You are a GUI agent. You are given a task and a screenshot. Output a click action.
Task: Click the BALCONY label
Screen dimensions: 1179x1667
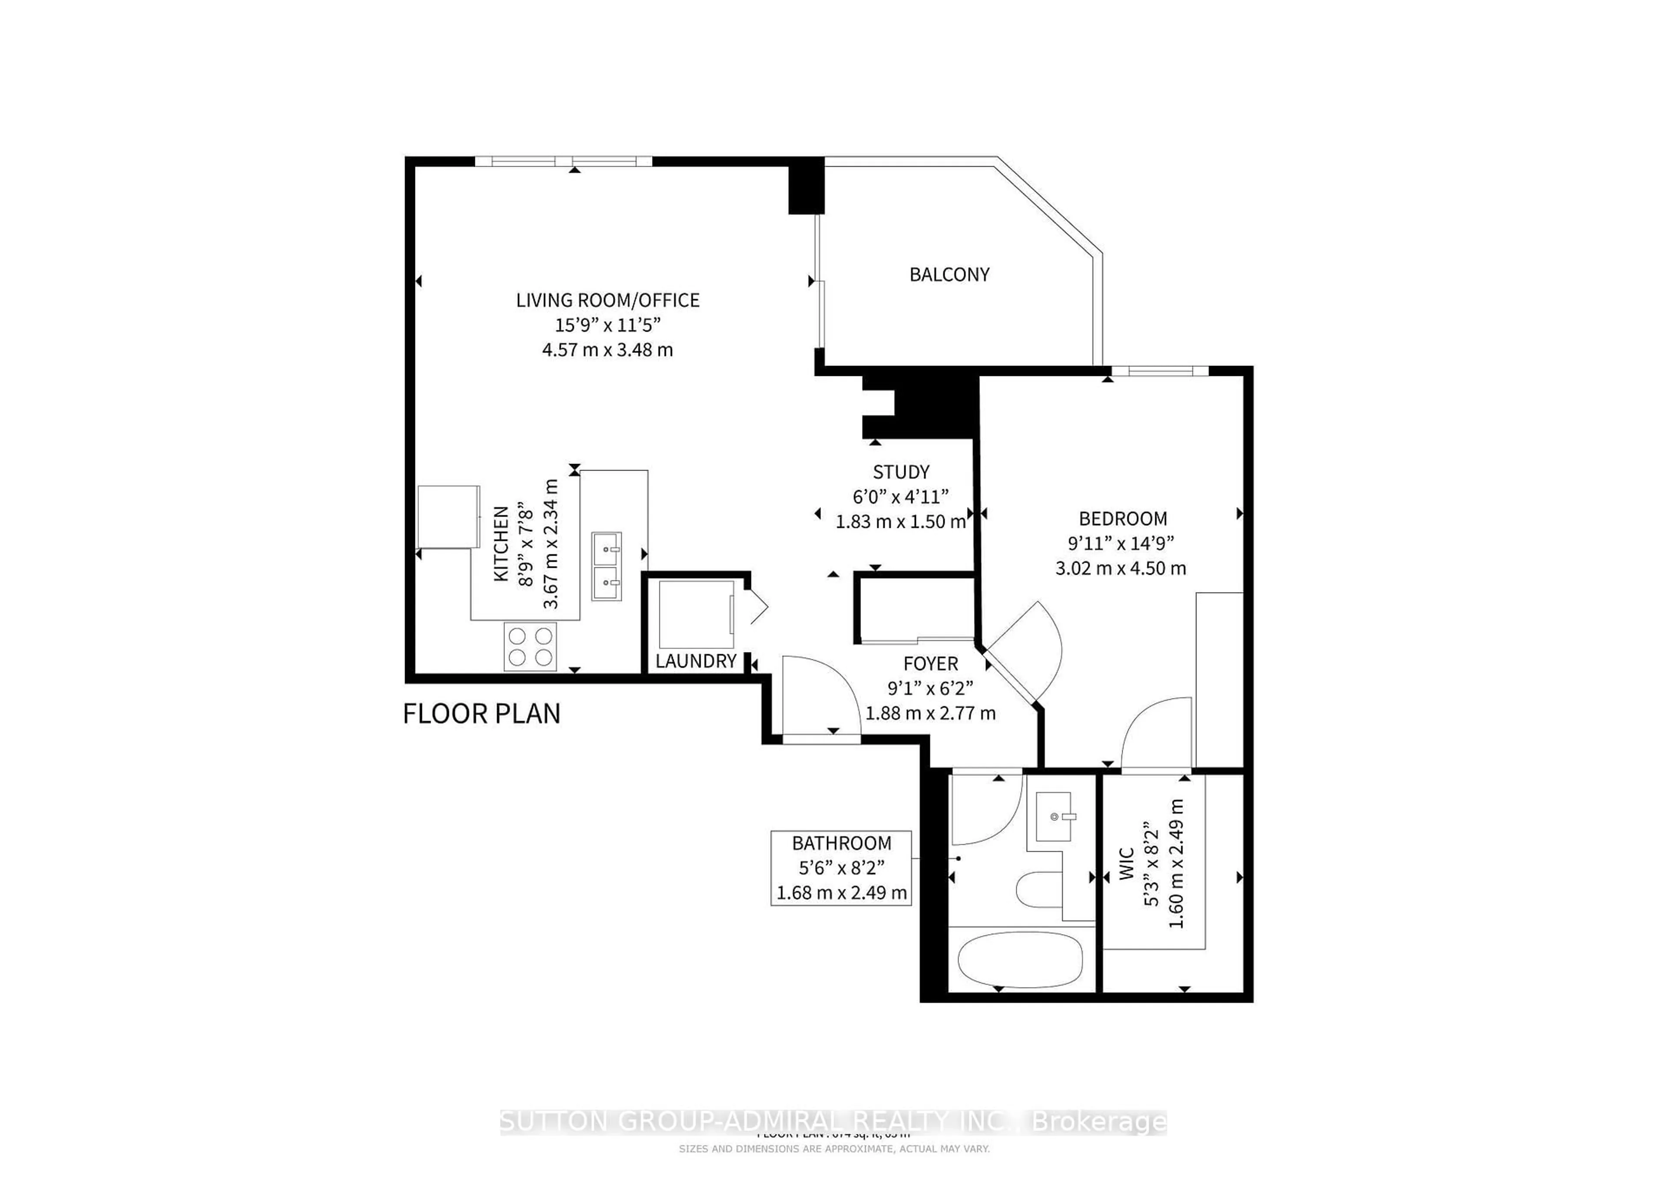(949, 274)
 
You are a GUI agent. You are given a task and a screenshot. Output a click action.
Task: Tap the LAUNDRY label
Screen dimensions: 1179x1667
(695, 661)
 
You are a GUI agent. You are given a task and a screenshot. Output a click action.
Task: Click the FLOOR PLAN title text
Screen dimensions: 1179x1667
(481, 714)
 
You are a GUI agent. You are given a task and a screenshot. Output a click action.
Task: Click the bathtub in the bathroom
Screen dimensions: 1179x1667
(1020, 958)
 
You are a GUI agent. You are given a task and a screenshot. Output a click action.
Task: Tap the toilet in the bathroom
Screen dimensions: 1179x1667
(1038, 889)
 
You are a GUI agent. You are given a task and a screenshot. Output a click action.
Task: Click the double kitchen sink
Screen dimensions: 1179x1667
(606, 566)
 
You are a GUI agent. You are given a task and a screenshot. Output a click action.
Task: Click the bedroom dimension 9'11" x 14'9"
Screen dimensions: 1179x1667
(1120, 543)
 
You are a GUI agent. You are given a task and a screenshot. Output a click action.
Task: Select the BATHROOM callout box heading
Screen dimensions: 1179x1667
(841, 843)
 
